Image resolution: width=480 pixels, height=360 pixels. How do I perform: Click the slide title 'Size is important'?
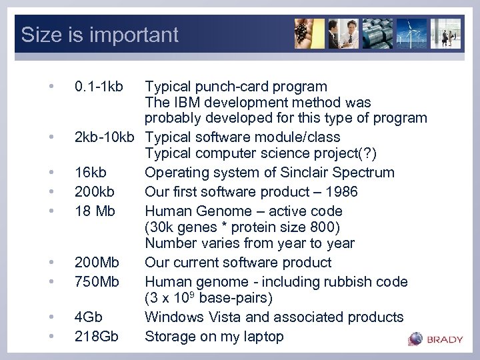[x=100, y=35]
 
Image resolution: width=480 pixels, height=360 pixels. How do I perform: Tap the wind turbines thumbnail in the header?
[x=411, y=33]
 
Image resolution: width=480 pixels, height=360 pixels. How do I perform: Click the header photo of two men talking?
[x=343, y=33]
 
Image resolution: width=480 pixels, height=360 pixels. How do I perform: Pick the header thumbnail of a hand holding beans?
[x=309, y=33]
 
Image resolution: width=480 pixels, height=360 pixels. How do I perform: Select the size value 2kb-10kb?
[x=105, y=138]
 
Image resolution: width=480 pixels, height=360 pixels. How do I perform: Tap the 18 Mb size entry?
[x=95, y=211]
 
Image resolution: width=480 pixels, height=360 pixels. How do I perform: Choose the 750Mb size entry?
[x=97, y=282]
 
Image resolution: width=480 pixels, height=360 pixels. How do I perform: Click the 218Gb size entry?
[x=97, y=337]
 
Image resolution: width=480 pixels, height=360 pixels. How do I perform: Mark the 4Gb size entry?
[x=89, y=317]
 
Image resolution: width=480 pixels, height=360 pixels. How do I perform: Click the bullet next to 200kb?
[x=51, y=192]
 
